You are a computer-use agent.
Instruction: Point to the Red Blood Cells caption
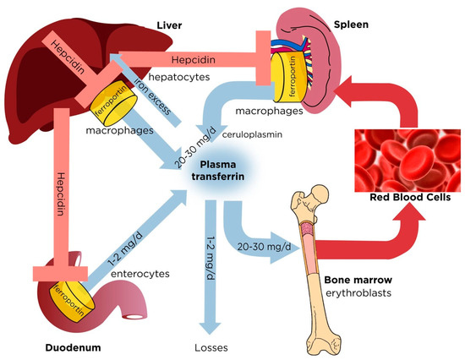coord(403,204)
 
